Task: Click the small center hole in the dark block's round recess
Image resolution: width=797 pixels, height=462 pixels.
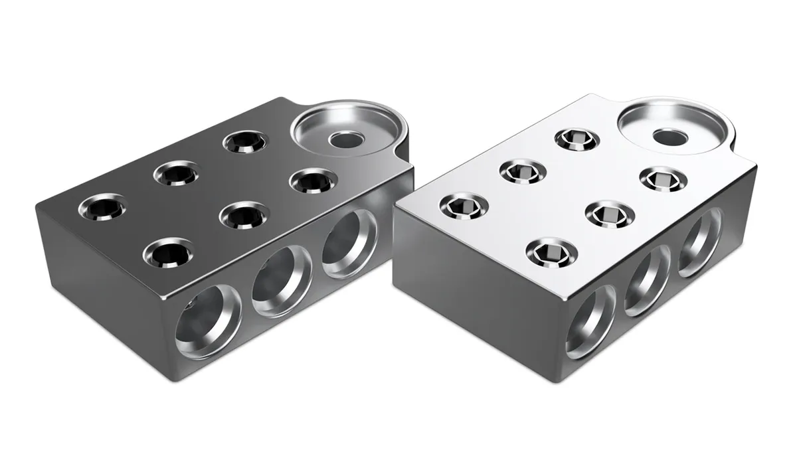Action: (x=344, y=139)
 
